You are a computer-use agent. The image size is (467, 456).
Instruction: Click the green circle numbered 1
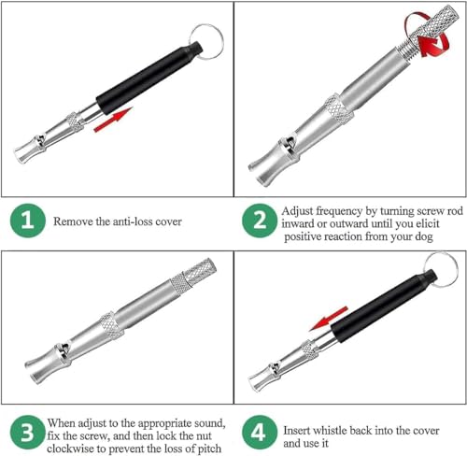27,221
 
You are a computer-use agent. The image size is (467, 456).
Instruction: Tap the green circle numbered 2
260,221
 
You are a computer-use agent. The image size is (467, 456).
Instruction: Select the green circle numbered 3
27,432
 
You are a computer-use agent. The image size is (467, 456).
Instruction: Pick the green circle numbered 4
260,432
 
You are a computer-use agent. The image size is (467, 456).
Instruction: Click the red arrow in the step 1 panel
113,120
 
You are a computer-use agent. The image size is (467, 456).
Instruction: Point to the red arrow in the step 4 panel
328,319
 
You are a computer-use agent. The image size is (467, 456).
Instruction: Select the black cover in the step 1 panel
149,78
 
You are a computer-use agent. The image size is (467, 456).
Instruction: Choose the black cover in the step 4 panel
384,306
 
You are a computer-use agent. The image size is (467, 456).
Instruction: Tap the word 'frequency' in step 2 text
334,212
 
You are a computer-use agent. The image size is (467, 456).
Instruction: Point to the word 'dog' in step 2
424,237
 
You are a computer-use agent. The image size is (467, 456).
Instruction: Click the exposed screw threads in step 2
405,48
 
